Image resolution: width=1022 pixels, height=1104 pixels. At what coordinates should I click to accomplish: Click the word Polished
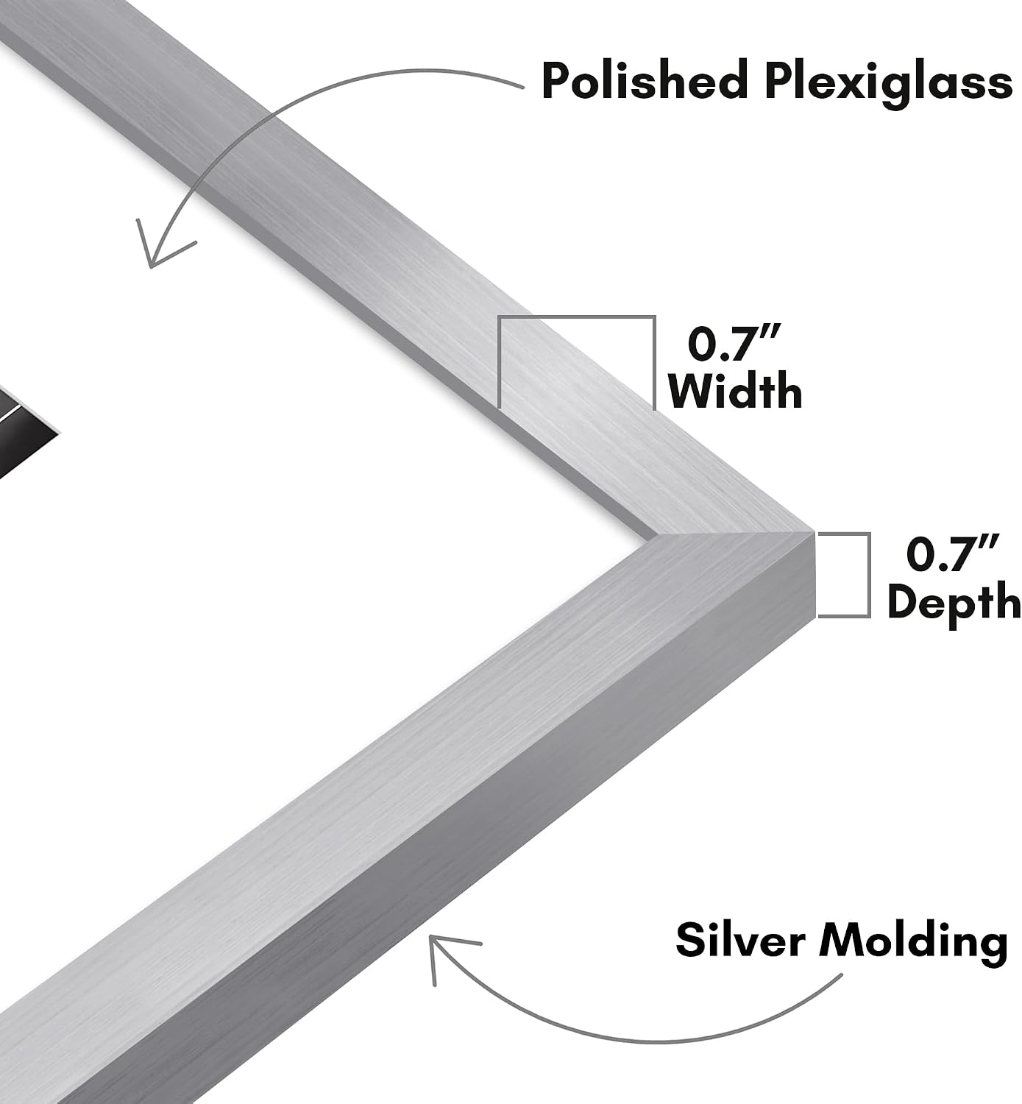click(644, 81)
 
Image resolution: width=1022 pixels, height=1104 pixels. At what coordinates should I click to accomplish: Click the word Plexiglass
click(887, 85)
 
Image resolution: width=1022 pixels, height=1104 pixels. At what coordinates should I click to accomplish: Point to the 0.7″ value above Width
click(734, 344)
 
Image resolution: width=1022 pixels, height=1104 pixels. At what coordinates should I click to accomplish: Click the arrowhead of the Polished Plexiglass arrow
click(158, 247)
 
